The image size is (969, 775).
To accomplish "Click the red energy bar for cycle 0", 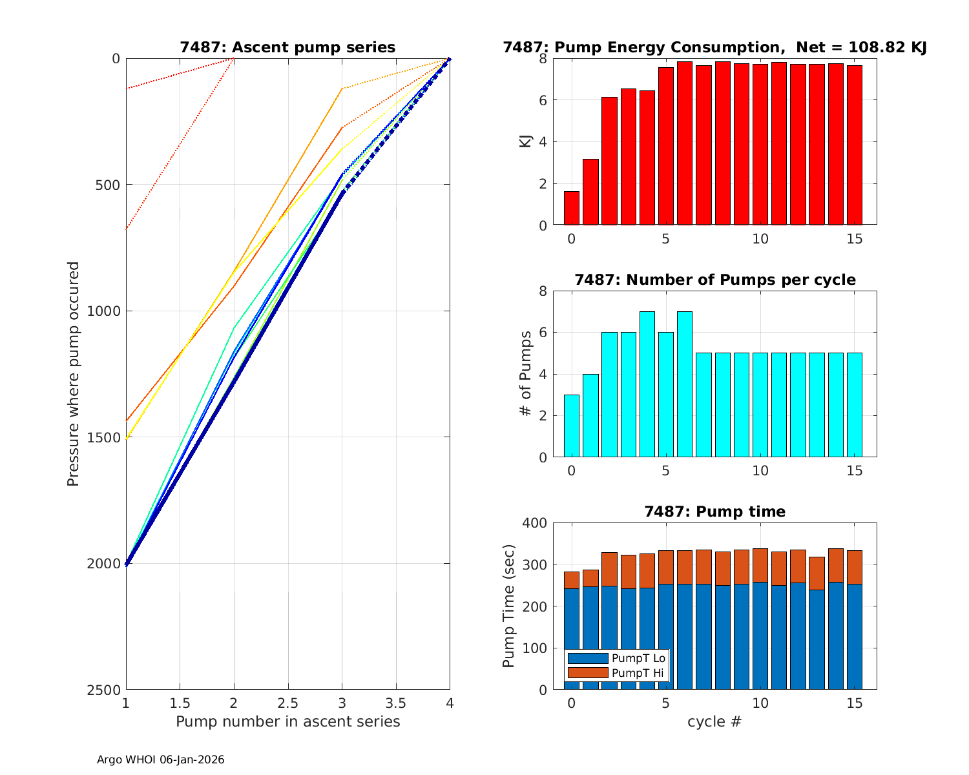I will tap(571, 209).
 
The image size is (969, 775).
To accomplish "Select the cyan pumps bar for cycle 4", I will tap(647, 385).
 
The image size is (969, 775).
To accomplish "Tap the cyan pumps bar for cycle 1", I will tap(590, 416).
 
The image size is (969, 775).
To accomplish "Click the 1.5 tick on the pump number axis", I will tap(180, 703).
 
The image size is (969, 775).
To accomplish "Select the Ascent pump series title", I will tap(287, 47).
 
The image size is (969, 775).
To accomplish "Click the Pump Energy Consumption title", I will tap(714, 47).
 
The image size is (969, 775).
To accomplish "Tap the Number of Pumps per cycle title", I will tap(714, 280).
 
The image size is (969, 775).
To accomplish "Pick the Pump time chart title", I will tap(714, 512).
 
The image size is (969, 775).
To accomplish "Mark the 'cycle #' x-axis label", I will tap(714, 721).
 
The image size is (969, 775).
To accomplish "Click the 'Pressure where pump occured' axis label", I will tap(74, 374).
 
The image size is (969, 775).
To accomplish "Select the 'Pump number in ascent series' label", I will tap(287, 721).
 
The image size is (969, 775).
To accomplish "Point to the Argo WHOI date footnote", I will tap(160, 760).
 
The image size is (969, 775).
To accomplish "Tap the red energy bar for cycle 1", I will tap(590, 192).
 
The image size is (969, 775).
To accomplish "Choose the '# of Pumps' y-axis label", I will tap(526, 374).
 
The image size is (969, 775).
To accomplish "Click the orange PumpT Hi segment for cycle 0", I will tap(571, 580).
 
